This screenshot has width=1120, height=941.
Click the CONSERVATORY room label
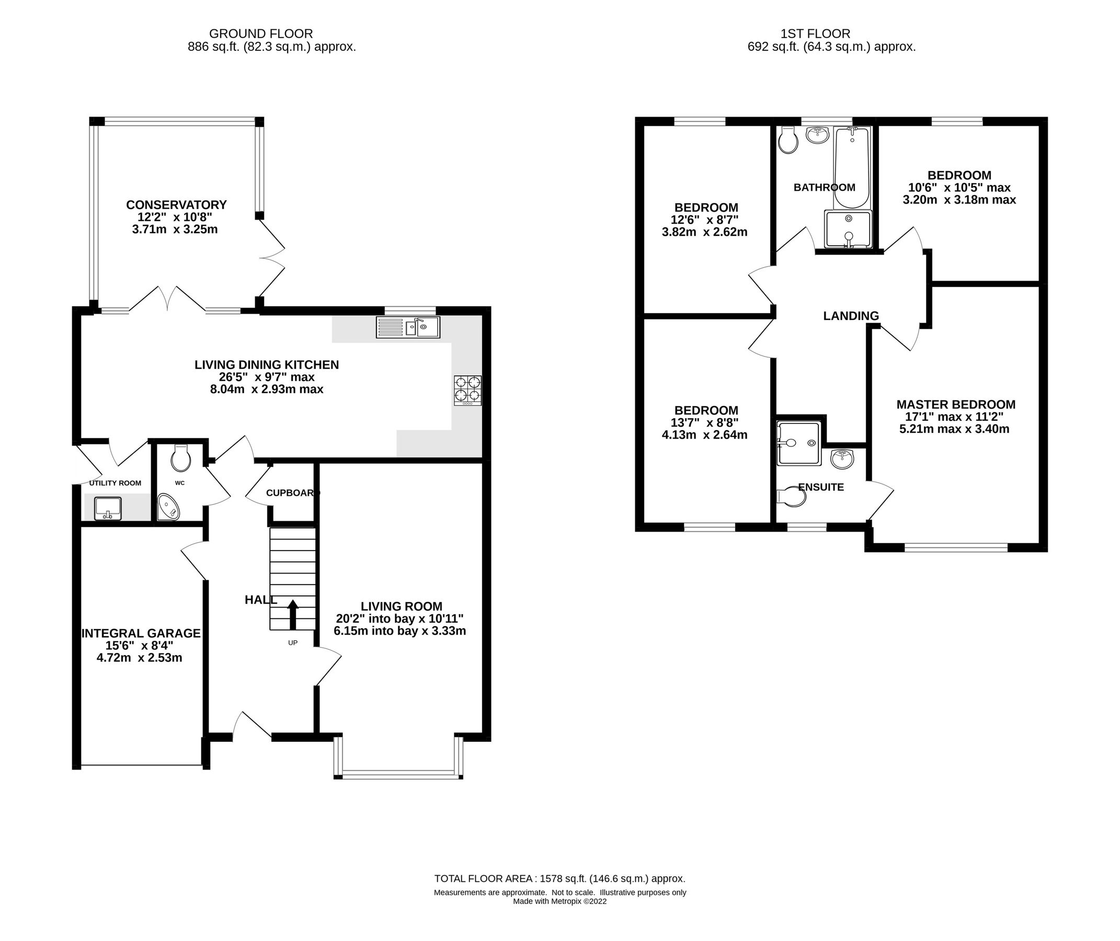pos(176,205)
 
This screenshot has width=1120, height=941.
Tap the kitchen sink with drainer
pos(408,327)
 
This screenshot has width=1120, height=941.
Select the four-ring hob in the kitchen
pos(467,390)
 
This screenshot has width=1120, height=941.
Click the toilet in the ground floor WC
pos(181,458)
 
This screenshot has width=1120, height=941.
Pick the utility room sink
pos(108,508)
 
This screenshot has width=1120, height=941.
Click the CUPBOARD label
pos(292,493)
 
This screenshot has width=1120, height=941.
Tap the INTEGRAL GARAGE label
pos(141,633)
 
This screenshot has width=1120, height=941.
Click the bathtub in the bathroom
pos(852,167)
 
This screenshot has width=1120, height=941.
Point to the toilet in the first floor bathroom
pos(787,140)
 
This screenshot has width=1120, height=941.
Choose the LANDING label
pos(851,316)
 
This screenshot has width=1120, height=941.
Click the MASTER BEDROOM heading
pos(956,404)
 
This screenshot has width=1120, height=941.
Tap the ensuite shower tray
pos(799,443)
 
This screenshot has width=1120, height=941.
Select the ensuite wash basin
pos(842,459)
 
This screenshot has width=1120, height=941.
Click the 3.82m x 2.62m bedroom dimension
pos(704,232)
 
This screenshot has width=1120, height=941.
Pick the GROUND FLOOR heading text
pos(261,34)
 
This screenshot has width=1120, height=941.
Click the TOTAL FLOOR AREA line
pos(559,879)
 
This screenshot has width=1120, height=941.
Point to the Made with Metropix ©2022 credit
pos(559,901)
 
